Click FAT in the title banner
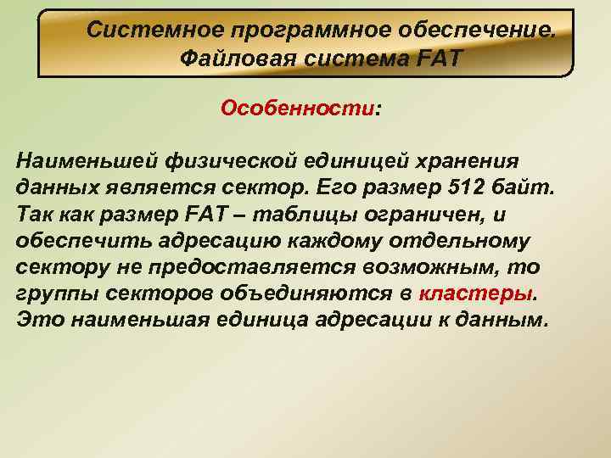click(441, 59)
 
